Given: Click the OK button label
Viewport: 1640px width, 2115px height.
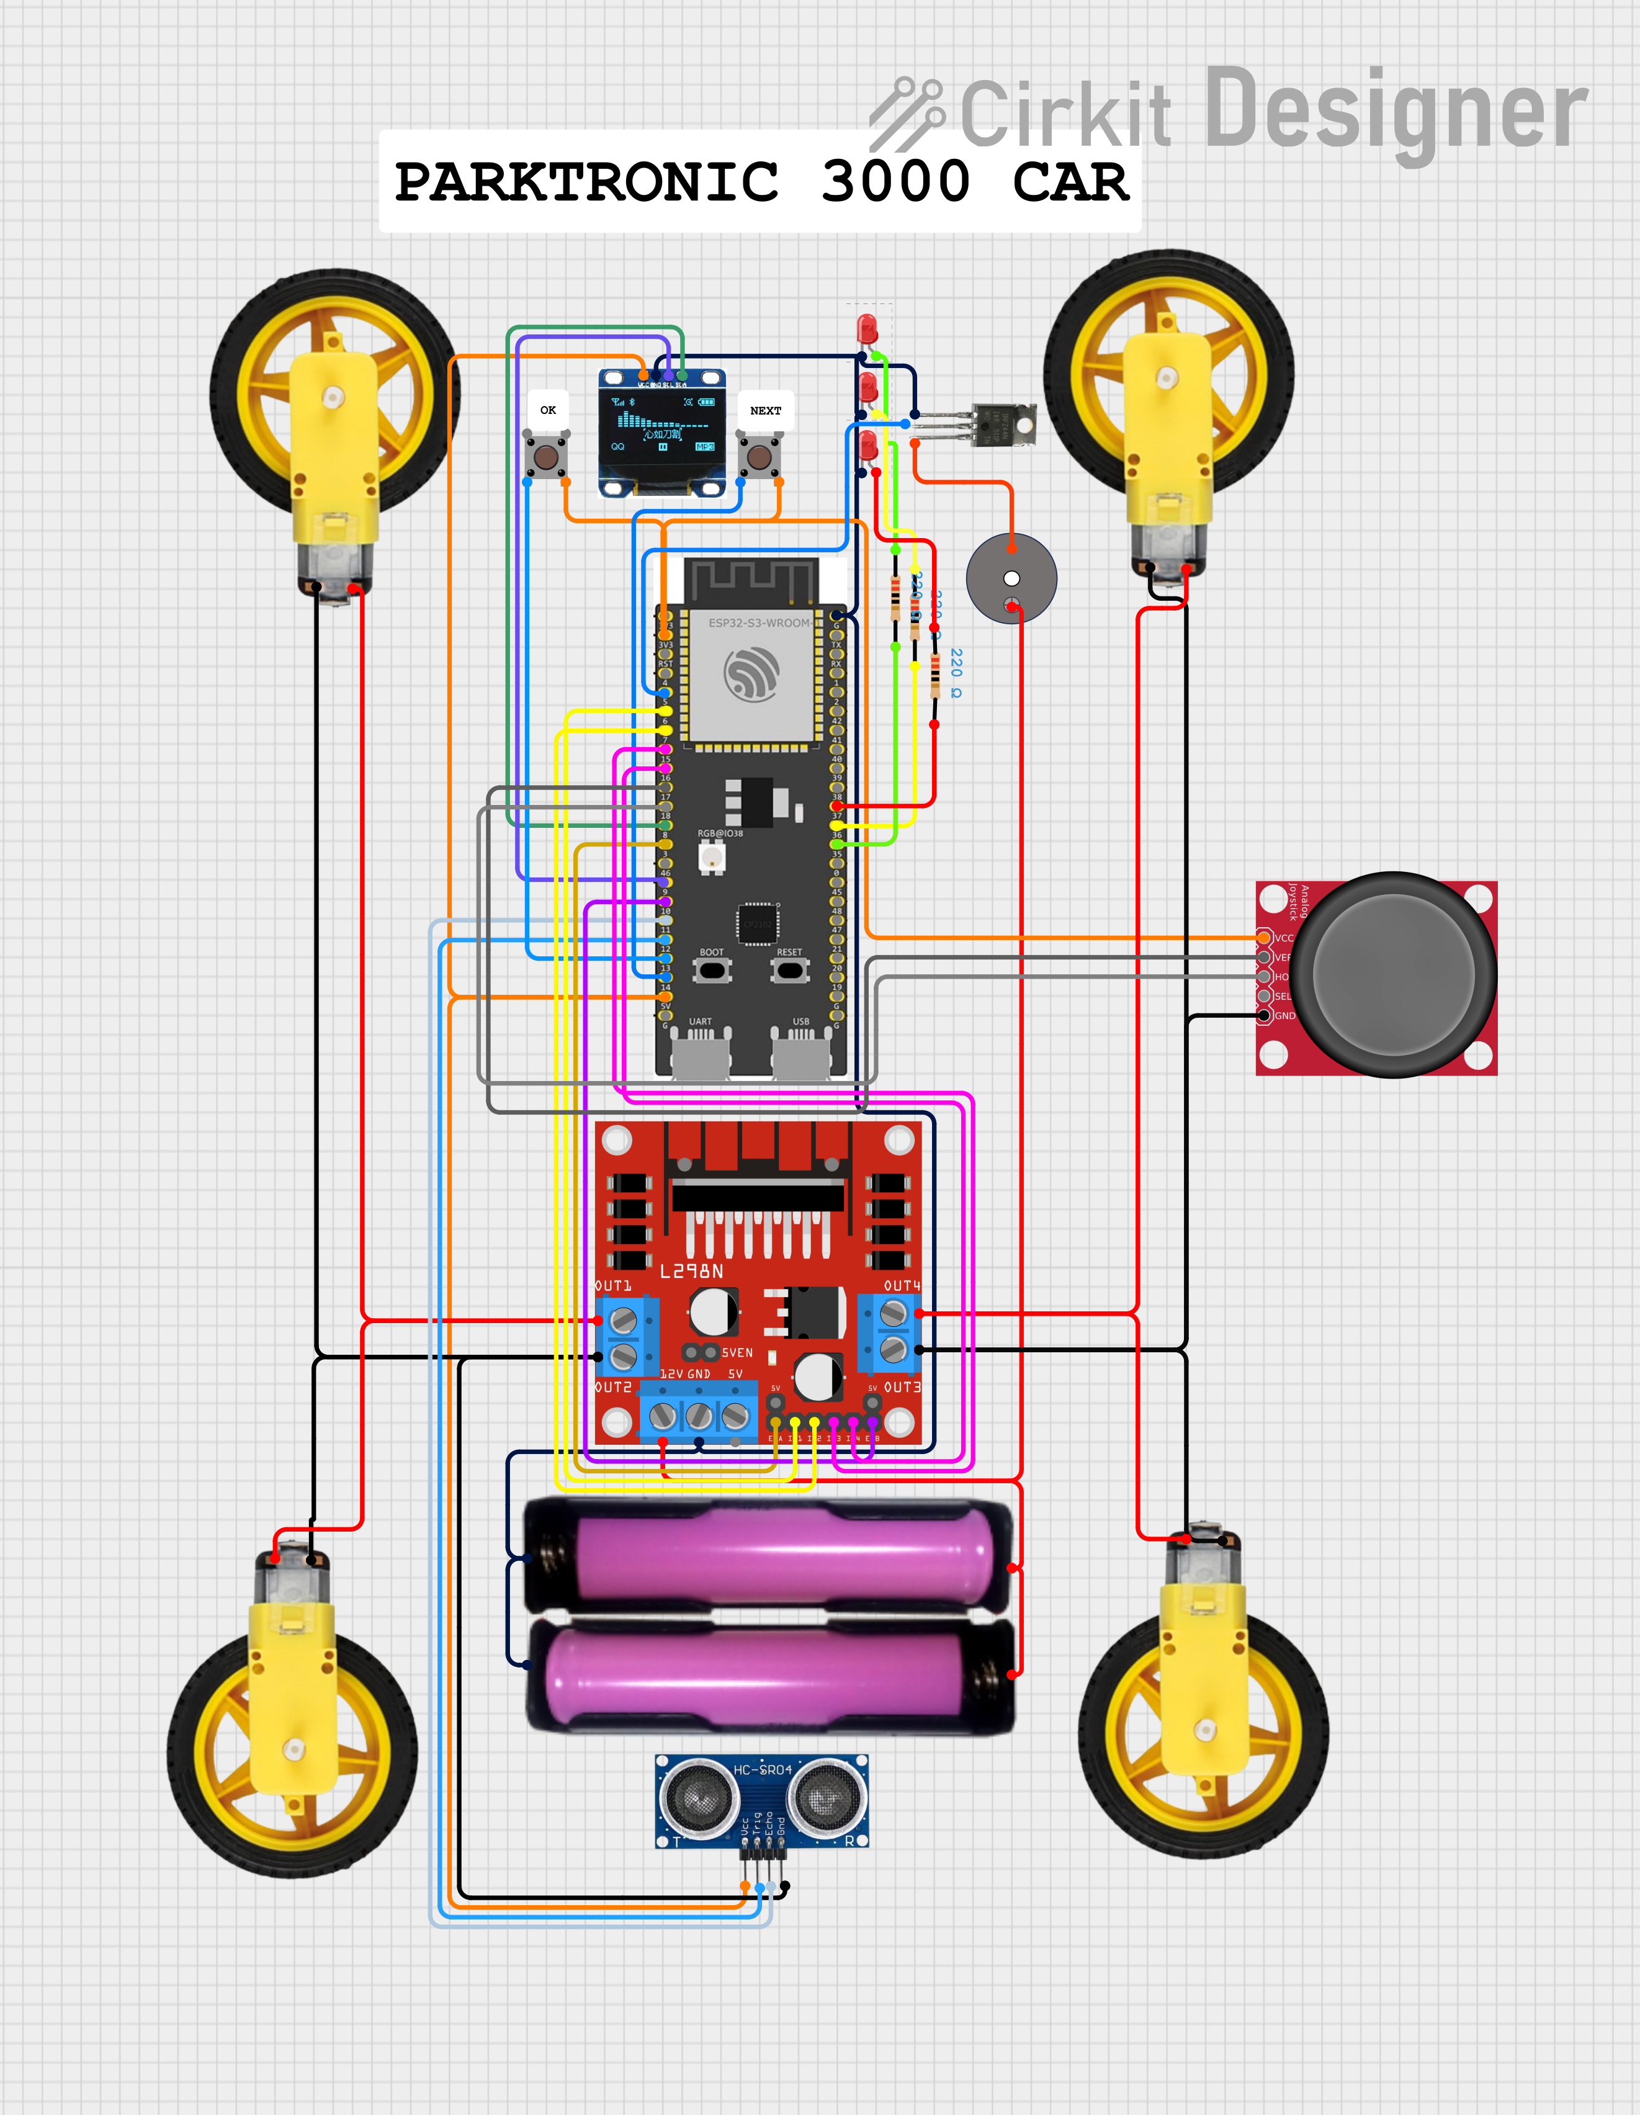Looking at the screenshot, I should tap(548, 410).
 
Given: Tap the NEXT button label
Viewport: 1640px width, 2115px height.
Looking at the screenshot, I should tap(765, 411).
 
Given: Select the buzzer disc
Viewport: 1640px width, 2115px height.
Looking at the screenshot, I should tap(1011, 579).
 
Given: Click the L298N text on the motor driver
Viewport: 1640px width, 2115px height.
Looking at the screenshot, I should tap(691, 1270).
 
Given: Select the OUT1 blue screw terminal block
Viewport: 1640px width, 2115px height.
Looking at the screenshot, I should tap(625, 1336).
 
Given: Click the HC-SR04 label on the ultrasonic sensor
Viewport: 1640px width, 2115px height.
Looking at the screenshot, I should tap(763, 1769).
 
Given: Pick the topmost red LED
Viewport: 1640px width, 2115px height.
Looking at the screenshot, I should tap(866, 327).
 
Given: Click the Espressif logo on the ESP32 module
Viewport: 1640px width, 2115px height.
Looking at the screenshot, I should tap(751, 673).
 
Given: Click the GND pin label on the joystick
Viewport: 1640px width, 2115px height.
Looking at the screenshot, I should tap(1284, 1016).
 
